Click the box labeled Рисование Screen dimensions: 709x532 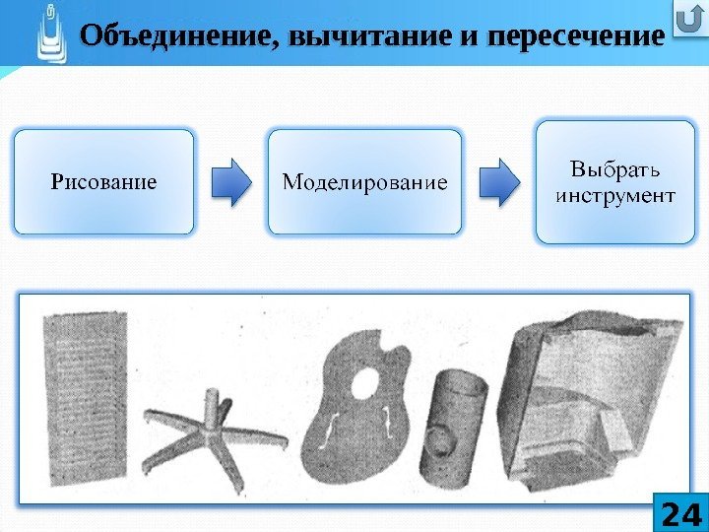pyautogui.click(x=103, y=181)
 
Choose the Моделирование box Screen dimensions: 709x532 pyautogui.click(x=365, y=181)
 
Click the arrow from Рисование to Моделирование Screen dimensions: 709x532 pyautogui.click(x=231, y=181)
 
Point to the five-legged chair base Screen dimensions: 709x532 pyautogui.click(x=213, y=433)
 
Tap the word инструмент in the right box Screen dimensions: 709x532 pyautogui.click(x=615, y=194)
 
